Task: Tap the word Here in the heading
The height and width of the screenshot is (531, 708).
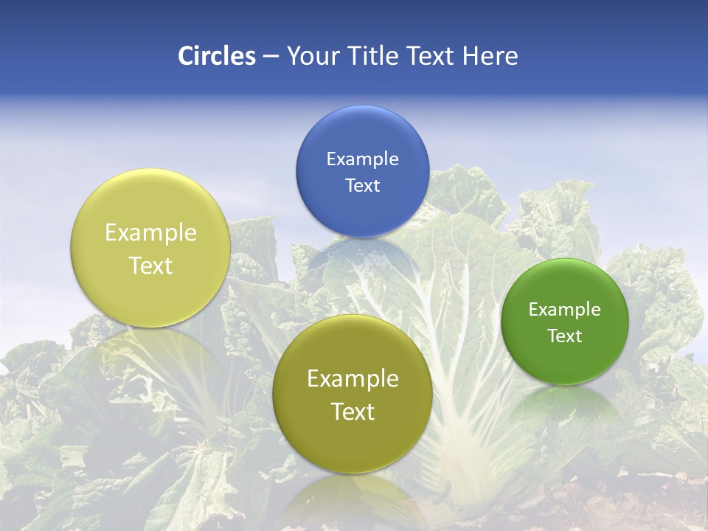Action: coord(490,56)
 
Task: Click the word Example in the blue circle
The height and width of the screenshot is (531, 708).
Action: coord(362,159)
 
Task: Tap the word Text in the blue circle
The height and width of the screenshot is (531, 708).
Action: coord(362,186)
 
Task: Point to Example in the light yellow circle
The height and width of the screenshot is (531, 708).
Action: coord(150,233)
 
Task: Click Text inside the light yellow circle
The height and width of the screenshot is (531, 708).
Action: coord(150,265)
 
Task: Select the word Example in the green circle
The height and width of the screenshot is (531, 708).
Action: coord(565,310)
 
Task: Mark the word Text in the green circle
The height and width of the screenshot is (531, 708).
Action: coord(565,336)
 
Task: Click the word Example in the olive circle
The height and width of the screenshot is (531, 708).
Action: coord(353,379)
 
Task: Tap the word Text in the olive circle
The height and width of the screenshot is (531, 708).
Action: coord(353,412)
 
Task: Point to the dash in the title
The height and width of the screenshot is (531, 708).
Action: coord(271,57)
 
